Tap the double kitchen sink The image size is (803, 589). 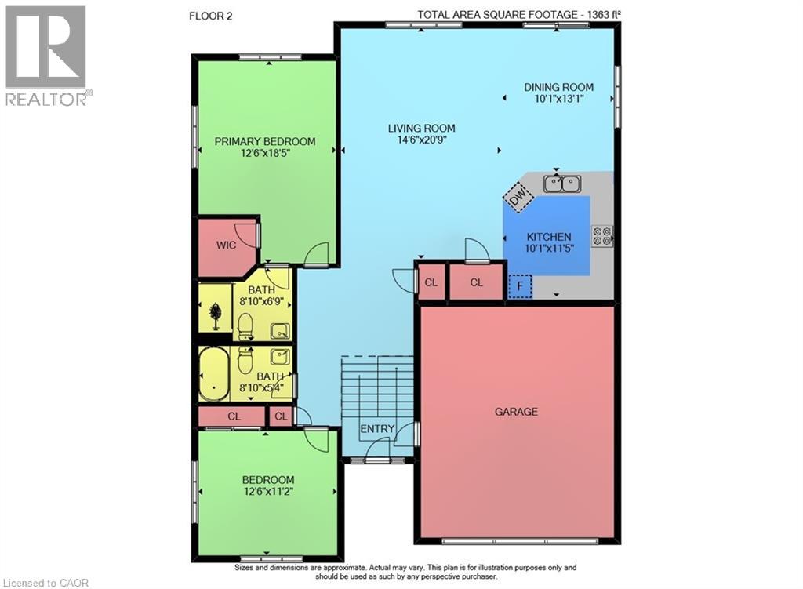point(562,184)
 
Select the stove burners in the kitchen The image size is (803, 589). point(602,236)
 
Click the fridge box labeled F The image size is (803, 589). point(520,286)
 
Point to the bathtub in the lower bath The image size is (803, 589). point(213,375)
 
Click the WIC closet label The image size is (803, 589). point(227,245)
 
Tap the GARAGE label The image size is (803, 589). point(516,411)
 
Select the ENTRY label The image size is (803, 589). point(376,429)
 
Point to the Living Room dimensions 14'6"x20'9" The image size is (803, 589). point(421,141)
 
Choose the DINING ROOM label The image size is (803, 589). point(558,87)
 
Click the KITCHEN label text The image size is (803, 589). point(548,237)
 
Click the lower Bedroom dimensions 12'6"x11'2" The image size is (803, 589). point(267,493)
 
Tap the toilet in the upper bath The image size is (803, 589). point(244,325)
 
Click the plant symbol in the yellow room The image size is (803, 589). point(215,314)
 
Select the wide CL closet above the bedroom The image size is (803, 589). point(233,416)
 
